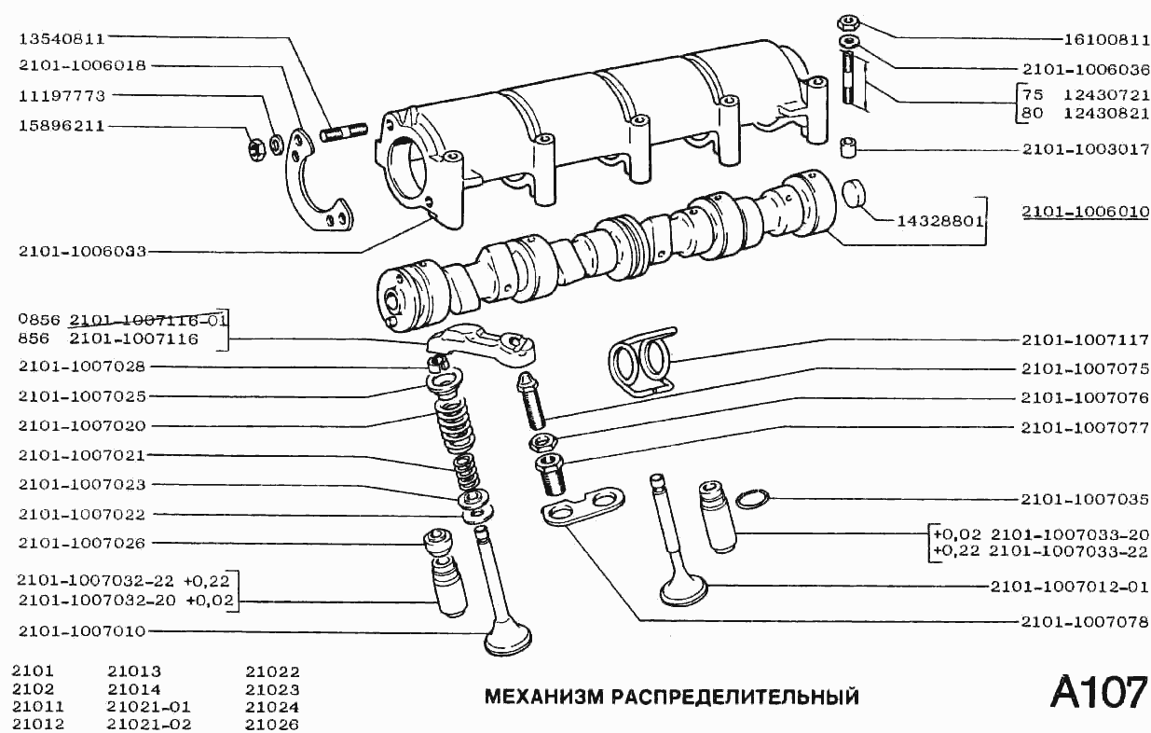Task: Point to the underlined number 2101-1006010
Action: (x=1085, y=212)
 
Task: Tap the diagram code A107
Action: (x=1098, y=693)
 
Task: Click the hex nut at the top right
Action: (x=847, y=23)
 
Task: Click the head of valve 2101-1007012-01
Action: (x=683, y=590)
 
